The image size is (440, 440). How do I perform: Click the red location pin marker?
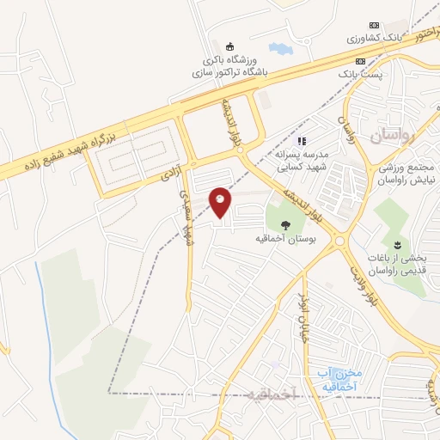220,203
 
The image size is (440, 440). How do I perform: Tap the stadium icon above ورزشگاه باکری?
229,46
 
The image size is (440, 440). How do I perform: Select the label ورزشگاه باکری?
229,60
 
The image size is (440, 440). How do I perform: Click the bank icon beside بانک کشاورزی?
374,25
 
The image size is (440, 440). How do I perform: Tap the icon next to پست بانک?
361,61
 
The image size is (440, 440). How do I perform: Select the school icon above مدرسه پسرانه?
301,140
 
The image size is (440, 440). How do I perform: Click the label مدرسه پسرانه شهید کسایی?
302,159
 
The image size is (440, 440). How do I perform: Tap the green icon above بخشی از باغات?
397,243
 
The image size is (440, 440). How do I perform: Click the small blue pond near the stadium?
280,49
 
